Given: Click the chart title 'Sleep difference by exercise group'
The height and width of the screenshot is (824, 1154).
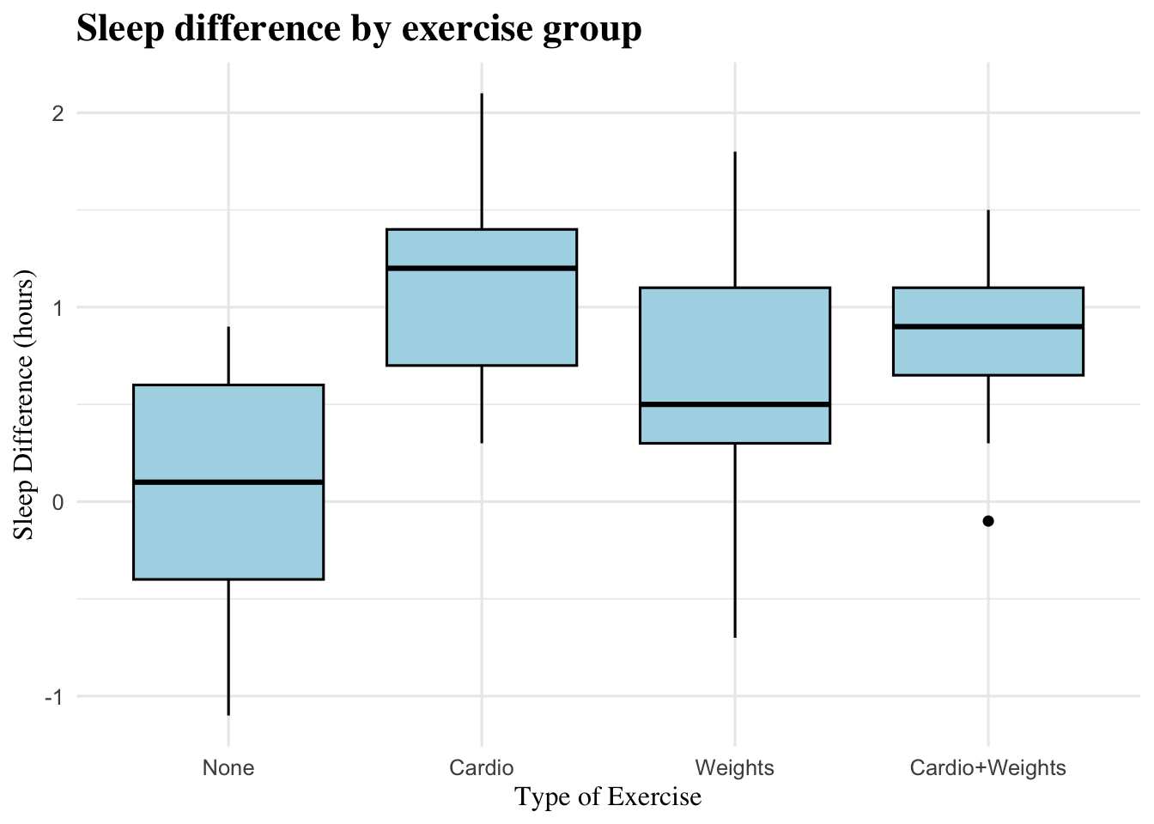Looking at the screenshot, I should pos(359,29).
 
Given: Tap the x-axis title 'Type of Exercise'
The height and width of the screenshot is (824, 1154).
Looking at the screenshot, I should pos(608,797).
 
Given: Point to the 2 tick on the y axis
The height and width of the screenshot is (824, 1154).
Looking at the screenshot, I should pos(58,113).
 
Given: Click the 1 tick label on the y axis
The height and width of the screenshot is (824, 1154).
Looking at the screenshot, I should pos(58,308).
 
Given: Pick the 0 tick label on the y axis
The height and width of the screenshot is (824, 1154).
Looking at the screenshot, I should pos(58,502).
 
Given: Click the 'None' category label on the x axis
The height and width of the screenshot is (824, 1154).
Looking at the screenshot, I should pos(228,767).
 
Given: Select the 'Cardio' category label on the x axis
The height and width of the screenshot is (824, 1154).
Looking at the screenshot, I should pos(482,767).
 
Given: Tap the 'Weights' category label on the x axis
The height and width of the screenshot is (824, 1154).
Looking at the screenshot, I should pos(735,767).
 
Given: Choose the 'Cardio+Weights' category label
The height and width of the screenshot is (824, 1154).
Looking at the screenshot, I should pos(988,767).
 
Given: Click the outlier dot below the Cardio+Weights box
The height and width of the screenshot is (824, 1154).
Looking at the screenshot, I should pos(988,521).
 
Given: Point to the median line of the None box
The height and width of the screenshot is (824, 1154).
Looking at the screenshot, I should pos(228,482).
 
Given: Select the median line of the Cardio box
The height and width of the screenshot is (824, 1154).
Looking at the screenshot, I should pos(482,268).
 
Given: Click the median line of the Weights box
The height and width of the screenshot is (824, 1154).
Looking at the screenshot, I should pos(735,404).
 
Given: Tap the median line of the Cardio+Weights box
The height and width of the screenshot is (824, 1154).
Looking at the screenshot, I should pos(988,326).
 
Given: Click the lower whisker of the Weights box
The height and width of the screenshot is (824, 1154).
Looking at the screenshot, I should pos(735,541).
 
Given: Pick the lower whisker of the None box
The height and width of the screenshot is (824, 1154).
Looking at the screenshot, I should pos(228,647).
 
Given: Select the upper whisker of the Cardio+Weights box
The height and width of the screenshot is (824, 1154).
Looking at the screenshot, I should pos(988,249).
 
